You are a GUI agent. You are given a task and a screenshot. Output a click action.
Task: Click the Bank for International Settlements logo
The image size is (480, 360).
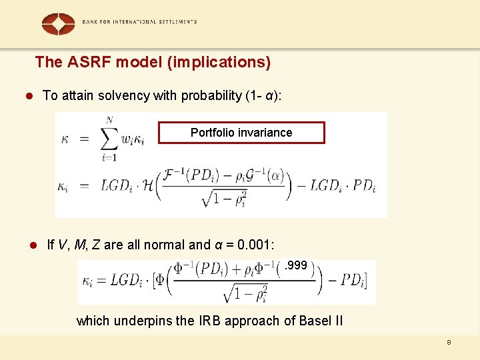pos(58,23)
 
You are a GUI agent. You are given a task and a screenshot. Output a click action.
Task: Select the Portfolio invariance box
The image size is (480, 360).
pos(241,133)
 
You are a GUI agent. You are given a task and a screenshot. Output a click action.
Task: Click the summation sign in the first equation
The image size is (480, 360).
pos(108,139)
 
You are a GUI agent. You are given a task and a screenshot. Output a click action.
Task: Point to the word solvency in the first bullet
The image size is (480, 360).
pos(124,95)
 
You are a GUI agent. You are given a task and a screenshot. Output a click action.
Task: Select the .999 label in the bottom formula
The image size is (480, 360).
pos(295,265)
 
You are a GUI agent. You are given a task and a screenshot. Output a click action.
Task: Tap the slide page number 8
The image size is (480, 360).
pos(449,342)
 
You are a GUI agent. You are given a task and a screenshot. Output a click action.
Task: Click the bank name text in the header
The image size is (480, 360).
pos(139,21)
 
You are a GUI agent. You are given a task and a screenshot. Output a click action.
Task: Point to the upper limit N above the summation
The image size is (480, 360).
pos(109,120)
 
